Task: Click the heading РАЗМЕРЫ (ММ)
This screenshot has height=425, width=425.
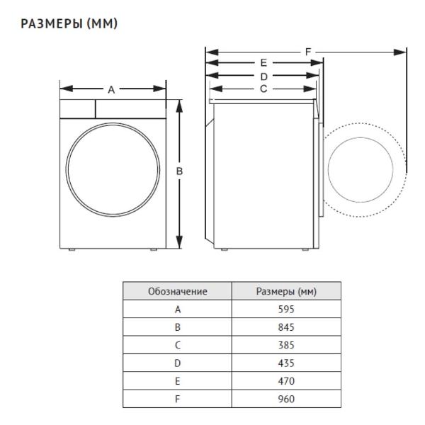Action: pos(69,23)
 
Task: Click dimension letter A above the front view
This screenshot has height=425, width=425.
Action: pos(111,90)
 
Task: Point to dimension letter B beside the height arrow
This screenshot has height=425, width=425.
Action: pos(179,171)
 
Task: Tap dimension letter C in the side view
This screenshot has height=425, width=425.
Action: pos(263,89)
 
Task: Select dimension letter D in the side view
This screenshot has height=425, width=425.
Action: pos(263,76)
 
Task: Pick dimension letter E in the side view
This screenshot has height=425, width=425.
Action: pos(263,63)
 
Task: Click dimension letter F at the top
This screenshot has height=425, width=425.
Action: pos(308,52)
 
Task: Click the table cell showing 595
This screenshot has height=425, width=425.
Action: pos(286,310)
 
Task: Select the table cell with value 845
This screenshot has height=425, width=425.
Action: pos(286,327)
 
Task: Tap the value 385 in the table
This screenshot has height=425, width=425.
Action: pos(286,345)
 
